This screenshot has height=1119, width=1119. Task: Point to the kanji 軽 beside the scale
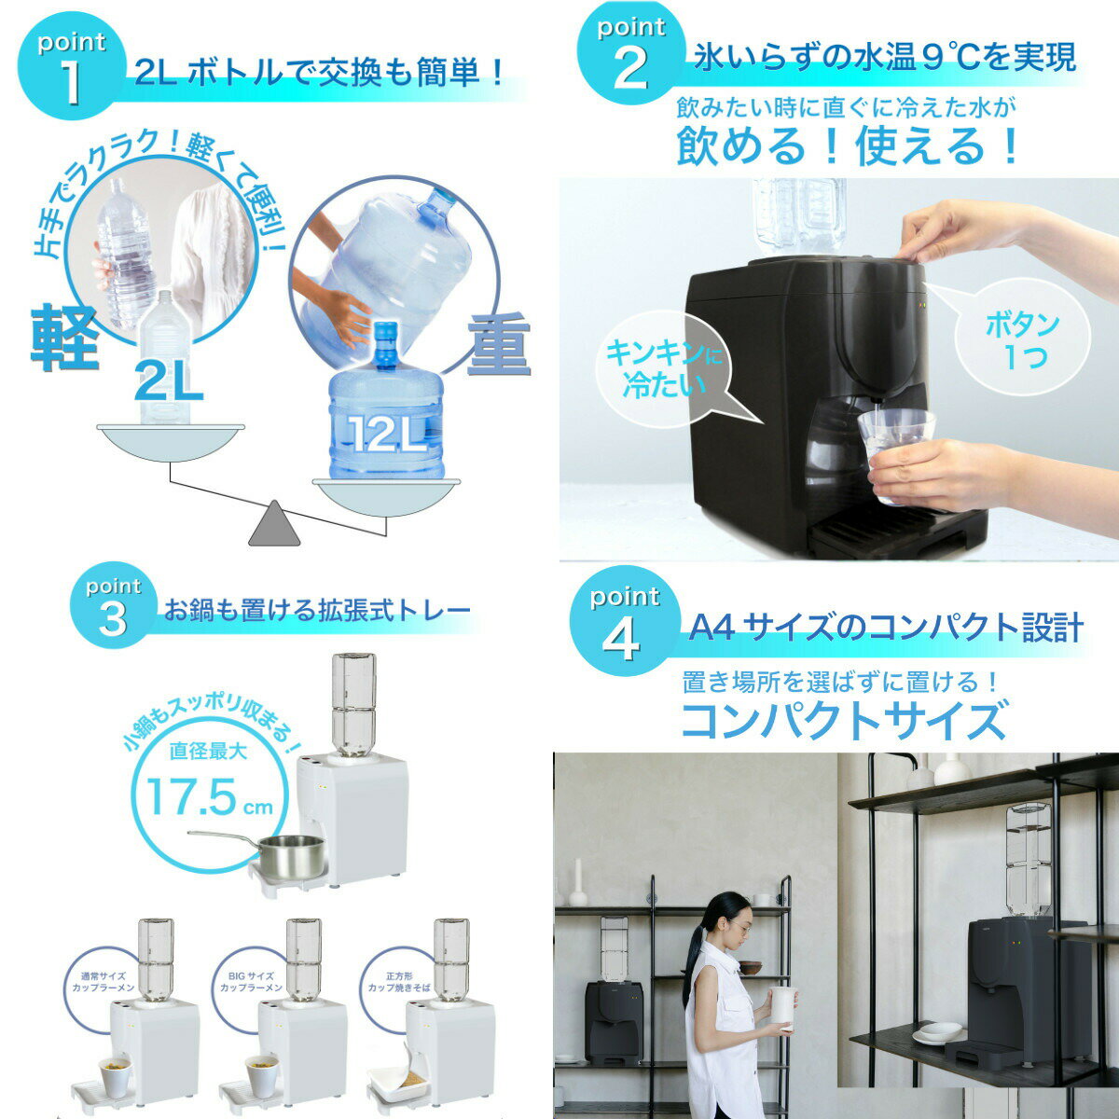(64, 338)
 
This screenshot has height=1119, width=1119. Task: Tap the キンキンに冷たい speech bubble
(667, 372)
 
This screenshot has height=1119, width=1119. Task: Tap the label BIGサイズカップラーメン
(251, 982)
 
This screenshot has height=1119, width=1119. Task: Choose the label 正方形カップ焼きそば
(399, 982)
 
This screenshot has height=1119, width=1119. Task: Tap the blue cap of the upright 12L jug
(385, 335)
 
